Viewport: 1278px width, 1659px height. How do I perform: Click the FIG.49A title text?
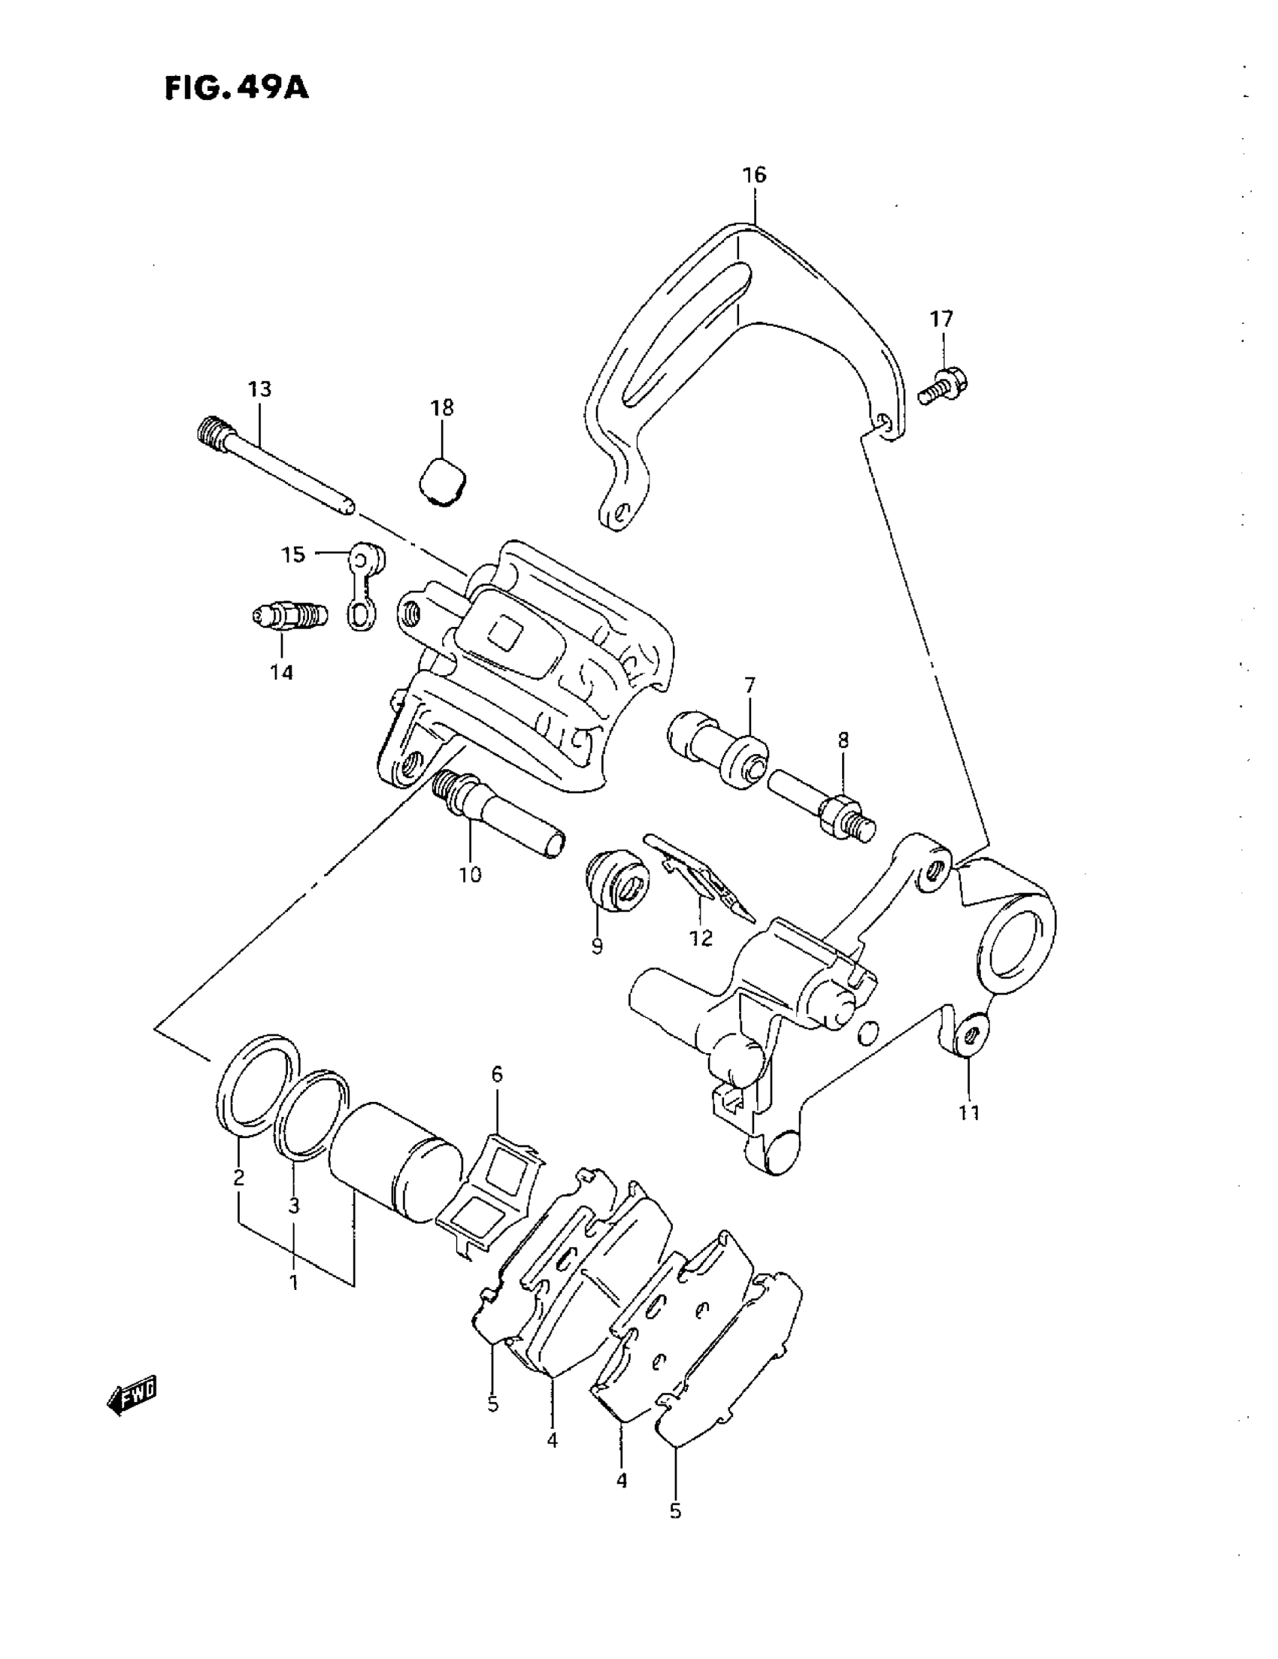(236, 88)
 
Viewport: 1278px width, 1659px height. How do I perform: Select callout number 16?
(754, 174)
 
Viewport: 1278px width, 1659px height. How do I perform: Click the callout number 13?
(259, 389)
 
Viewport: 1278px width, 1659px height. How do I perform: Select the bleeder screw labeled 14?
(289, 615)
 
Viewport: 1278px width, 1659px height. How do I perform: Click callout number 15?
(292, 555)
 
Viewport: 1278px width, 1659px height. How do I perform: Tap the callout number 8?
(843, 740)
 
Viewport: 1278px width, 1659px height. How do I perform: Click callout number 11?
(969, 1113)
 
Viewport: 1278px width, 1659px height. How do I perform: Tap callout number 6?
(497, 1074)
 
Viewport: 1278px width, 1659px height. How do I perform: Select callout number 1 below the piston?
(293, 1282)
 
